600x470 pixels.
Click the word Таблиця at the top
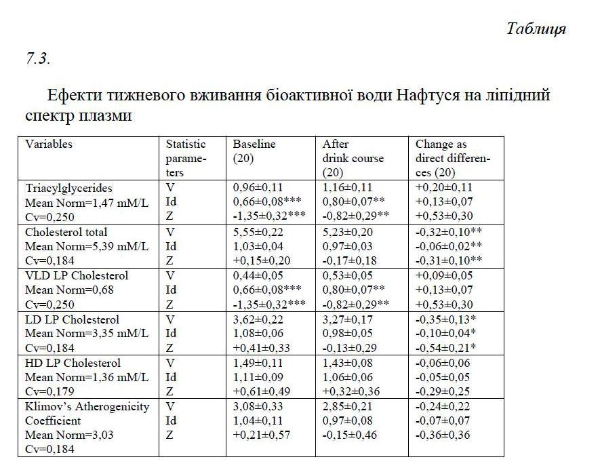(536, 28)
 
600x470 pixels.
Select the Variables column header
(49, 144)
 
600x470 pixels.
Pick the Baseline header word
(254, 144)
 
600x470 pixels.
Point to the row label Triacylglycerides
(68, 188)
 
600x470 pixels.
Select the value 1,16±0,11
(347, 188)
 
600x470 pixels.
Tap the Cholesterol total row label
(66, 232)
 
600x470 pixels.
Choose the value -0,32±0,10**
(449, 232)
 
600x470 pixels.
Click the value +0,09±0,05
(443, 275)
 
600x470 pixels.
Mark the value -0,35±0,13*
(446, 319)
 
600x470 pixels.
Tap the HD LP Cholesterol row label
(73, 363)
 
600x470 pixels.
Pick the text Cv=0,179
(49, 391)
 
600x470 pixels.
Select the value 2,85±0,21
(347, 406)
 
